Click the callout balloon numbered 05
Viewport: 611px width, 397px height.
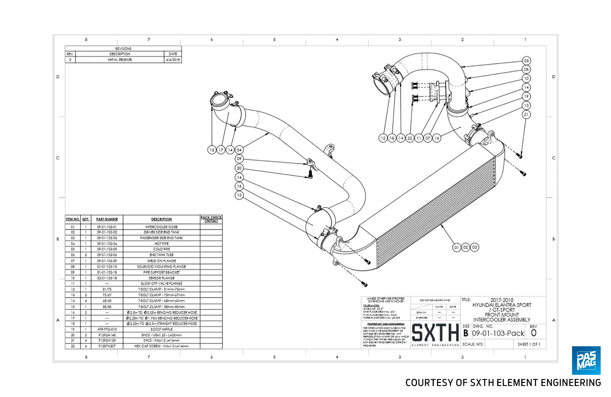pos(526,61)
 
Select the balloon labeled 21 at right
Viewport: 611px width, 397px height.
pos(526,114)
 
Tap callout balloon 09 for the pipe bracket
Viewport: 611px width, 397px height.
pos(239,159)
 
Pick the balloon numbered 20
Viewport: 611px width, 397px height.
pos(239,168)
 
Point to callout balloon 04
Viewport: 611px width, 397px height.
pos(239,150)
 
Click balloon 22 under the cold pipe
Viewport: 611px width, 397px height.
pos(410,138)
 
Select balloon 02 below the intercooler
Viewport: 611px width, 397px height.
pos(466,247)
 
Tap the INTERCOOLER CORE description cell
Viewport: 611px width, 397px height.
pos(161,227)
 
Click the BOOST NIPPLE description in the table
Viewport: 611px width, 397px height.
pos(161,329)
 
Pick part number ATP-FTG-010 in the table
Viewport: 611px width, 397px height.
pos(107,329)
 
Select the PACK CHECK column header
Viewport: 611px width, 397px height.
pos(211,219)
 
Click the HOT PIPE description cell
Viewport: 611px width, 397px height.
pos(161,244)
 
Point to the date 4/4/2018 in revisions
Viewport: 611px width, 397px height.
pos(173,60)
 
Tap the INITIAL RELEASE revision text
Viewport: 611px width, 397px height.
pos(120,60)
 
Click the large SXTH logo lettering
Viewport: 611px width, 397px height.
pos(435,332)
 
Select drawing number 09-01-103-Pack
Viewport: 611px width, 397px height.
pos(498,333)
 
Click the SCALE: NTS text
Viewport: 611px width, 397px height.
pos(472,344)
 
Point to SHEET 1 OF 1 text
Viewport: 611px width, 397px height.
pos(529,344)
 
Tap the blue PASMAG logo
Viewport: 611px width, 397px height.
pos(586,360)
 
